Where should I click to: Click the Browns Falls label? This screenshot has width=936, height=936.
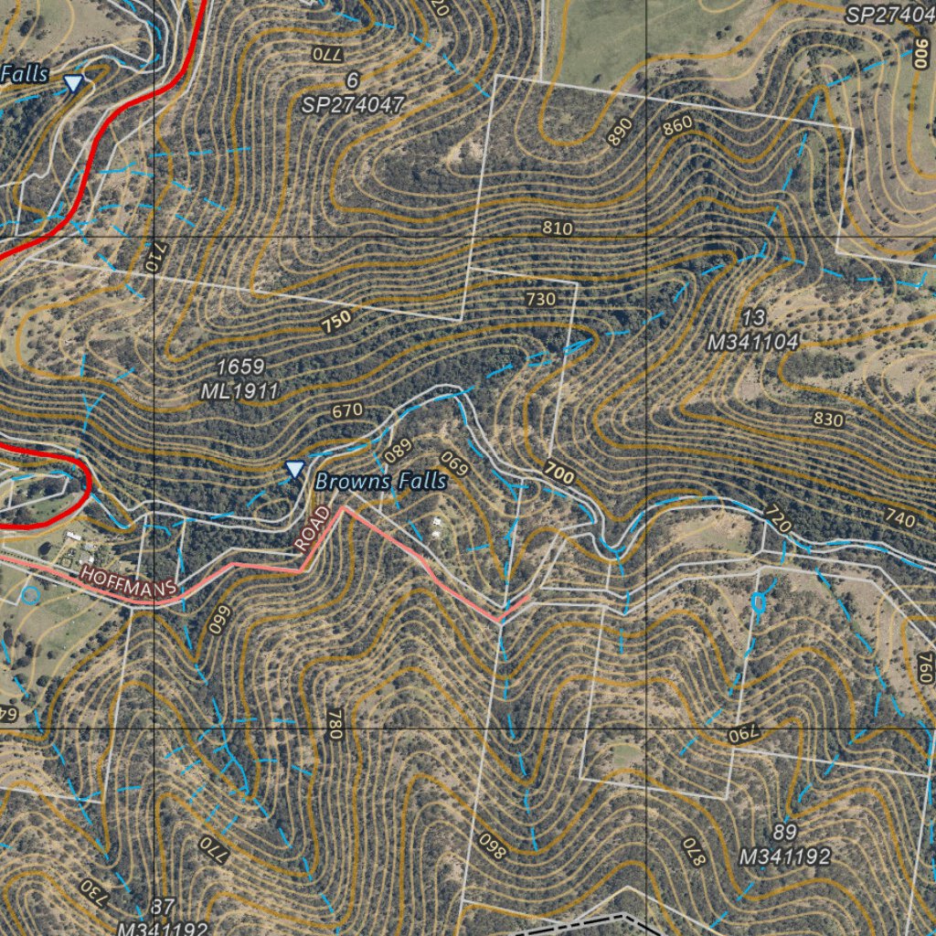[380, 481]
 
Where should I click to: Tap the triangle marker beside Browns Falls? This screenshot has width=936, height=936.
[294, 470]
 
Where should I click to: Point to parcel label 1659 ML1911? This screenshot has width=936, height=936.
[240, 379]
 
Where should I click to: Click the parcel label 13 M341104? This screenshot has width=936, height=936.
[754, 331]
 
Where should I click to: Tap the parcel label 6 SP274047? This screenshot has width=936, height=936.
[353, 93]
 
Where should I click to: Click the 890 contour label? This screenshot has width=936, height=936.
[619, 133]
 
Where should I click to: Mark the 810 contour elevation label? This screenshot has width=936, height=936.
[557, 228]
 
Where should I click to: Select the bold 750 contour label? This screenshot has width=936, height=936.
[335, 322]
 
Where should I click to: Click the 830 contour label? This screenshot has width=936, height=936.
[828, 419]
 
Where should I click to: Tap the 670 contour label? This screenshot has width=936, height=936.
[347, 411]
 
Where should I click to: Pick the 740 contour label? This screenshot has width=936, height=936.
[899, 519]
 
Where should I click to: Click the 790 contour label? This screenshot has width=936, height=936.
[744, 733]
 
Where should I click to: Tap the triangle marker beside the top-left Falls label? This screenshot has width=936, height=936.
[73, 84]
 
